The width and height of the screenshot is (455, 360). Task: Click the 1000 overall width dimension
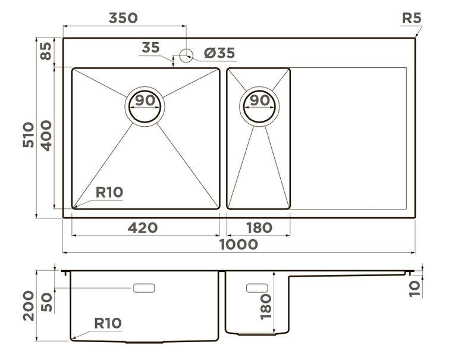click(x=239, y=244)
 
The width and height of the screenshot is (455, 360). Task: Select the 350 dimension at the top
click(x=123, y=17)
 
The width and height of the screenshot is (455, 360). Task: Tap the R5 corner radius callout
click(x=411, y=17)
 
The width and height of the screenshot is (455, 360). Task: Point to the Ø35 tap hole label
click(x=219, y=54)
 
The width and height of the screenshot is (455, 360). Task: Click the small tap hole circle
click(x=186, y=55)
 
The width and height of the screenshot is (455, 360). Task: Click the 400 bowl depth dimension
click(x=46, y=135)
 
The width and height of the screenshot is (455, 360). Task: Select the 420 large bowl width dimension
click(x=143, y=227)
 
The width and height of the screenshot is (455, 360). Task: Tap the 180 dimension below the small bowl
click(x=259, y=227)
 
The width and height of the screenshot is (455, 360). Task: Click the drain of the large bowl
click(x=145, y=108)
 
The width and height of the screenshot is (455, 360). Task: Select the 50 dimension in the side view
click(x=47, y=302)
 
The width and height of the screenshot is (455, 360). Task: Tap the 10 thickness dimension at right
click(x=415, y=288)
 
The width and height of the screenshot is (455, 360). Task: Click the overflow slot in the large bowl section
click(x=144, y=288)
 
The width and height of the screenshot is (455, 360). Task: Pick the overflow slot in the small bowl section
click(x=257, y=287)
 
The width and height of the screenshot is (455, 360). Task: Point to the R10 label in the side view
click(x=108, y=323)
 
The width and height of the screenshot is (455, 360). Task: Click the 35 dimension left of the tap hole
click(x=151, y=48)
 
